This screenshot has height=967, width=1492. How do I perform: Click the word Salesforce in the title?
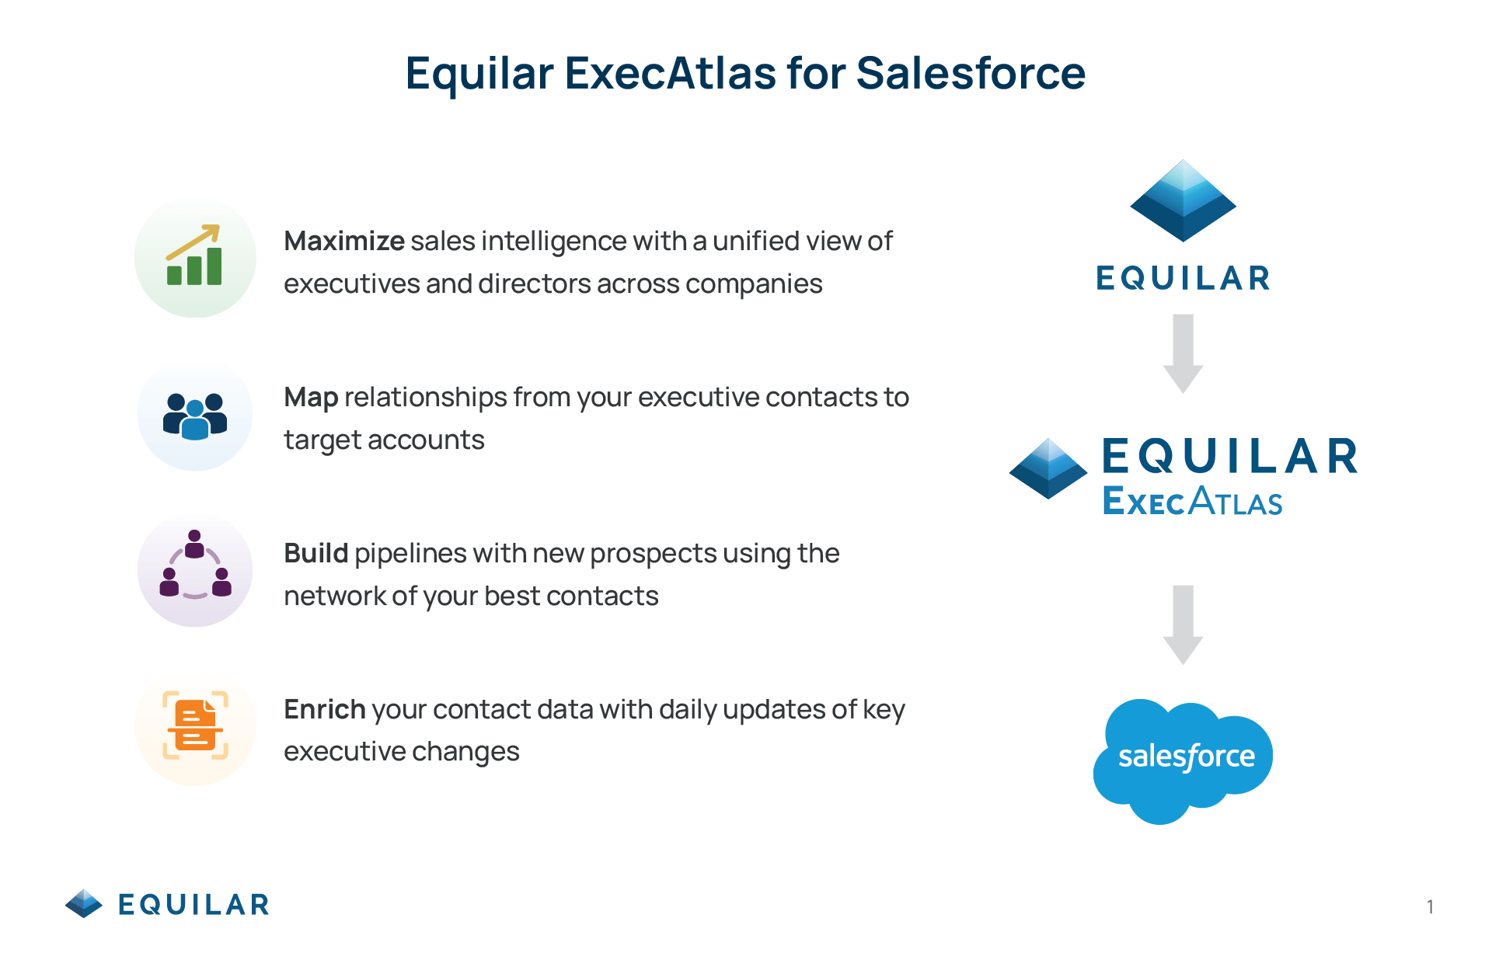tap(971, 74)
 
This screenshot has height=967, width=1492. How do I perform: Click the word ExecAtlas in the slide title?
tap(670, 74)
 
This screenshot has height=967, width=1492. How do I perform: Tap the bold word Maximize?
tap(344, 241)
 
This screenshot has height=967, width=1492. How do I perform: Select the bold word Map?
tap(311, 398)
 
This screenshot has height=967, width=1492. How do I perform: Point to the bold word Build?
tap(315, 553)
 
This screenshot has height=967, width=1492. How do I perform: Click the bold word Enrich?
tap(325, 709)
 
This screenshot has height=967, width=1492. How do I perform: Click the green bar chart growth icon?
tap(194, 256)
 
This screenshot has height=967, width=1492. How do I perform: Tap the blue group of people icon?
tap(195, 416)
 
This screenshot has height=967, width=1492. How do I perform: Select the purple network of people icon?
tap(195, 565)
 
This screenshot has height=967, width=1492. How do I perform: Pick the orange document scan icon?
tap(195, 725)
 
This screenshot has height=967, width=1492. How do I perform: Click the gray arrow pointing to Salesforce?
tap(1183, 624)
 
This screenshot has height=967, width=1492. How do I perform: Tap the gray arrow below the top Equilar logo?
tap(1183, 353)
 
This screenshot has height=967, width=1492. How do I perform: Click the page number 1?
tap(1430, 906)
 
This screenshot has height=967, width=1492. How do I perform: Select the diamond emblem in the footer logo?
tap(84, 903)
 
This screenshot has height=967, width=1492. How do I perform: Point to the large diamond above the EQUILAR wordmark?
tap(1183, 200)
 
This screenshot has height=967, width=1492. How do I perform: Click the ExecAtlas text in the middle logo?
tap(1192, 501)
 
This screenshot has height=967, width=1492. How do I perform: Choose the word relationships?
tap(426, 398)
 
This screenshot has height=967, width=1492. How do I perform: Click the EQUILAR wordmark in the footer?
tap(193, 905)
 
